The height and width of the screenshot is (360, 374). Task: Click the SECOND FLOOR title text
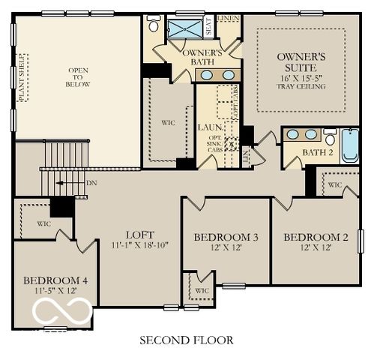[x=187, y=340]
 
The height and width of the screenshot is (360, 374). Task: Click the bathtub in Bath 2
[x=350, y=146]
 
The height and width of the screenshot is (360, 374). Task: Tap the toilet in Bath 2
[x=330, y=136]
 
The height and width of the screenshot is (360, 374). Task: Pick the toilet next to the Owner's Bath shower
[x=154, y=25]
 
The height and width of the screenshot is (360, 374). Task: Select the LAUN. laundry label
[x=208, y=127]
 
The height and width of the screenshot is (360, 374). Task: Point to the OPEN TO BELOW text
[x=79, y=78]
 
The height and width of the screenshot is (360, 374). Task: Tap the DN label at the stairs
[x=91, y=182]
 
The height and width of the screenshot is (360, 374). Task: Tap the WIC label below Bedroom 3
[x=202, y=290]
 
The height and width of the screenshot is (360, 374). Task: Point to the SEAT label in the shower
[x=209, y=26]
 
